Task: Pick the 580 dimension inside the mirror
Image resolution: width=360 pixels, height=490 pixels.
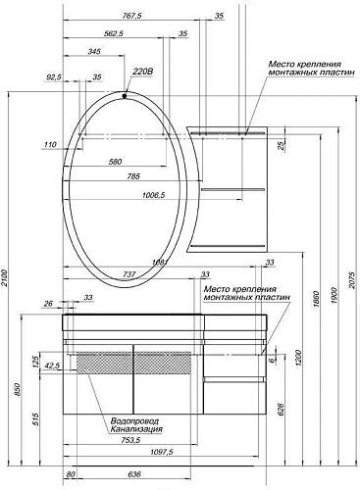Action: click(x=115, y=161)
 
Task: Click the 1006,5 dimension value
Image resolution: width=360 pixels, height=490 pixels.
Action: click(x=147, y=195)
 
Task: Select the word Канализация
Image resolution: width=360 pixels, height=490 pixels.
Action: click(x=136, y=429)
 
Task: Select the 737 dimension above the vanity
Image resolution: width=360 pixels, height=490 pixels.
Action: click(x=129, y=275)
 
